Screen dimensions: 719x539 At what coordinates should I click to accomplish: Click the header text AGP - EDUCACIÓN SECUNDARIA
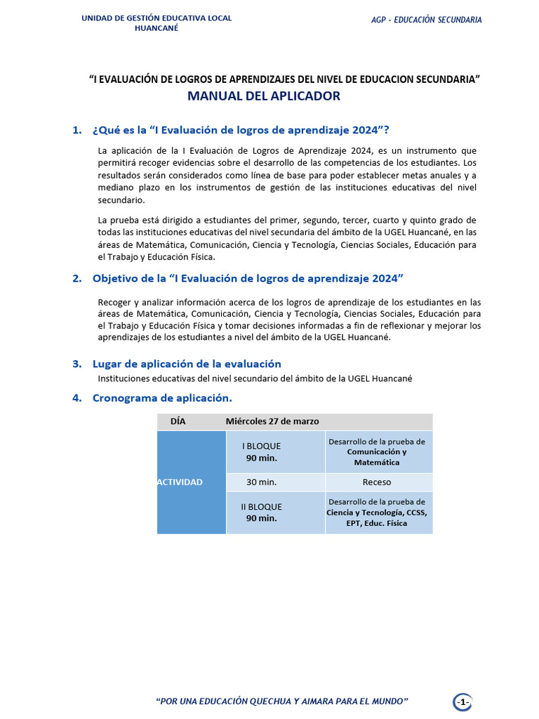[x=426, y=20]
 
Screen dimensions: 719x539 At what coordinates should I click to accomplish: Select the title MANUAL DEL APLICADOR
[x=263, y=96]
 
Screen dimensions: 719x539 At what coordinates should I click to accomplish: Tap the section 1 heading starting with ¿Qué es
[x=240, y=130]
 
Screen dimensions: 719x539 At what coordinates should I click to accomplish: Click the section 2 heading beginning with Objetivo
[x=248, y=278]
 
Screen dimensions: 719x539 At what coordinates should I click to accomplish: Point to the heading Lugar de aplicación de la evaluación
[x=187, y=364]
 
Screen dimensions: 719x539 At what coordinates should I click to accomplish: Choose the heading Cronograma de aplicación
[x=162, y=398]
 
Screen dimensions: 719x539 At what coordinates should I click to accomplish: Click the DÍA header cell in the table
[x=178, y=421]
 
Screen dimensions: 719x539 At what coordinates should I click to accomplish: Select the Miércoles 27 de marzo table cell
[x=272, y=421]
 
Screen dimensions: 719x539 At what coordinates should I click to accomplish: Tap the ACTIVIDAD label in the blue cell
[x=180, y=482]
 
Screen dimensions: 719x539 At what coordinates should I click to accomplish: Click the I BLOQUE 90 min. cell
[x=261, y=452]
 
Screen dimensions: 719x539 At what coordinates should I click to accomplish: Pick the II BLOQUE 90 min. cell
[x=261, y=513]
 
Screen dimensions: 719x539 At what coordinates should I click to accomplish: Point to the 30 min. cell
[x=261, y=482]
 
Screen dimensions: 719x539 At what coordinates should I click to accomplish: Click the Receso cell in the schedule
[x=377, y=482]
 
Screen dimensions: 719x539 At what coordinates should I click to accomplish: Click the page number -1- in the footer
[x=463, y=702]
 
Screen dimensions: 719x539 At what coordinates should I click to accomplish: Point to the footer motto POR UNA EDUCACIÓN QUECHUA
[x=281, y=701]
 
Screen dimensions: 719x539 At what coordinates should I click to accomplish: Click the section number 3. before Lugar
[x=76, y=364]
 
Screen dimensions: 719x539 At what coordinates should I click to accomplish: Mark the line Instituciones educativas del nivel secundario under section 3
[x=255, y=378]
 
